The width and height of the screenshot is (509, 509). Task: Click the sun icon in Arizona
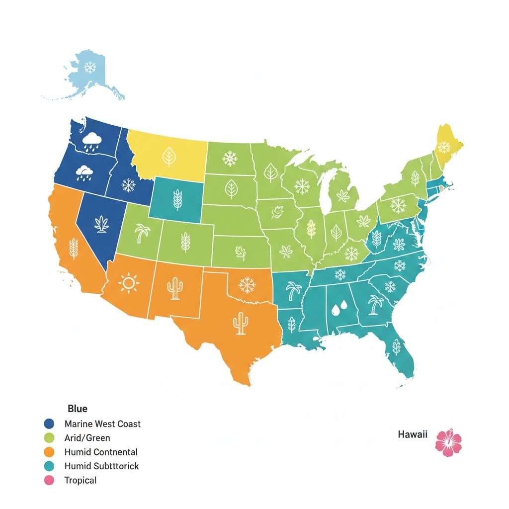coord(129,283)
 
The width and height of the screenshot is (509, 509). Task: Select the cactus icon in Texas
coord(240,323)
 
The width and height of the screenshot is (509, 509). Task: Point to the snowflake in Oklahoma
coord(247,285)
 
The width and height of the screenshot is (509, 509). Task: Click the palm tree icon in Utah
coord(143,233)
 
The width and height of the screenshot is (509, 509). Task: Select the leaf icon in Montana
coord(169,157)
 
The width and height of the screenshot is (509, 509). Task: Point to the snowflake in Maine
coord(443,147)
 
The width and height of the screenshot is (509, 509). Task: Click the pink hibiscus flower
coord(448,442)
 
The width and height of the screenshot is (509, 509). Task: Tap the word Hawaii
coord(413,434)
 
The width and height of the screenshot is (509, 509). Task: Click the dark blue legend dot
coord(49,424)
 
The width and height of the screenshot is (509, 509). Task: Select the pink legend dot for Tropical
coord(49,481)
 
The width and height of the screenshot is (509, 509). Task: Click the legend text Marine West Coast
coord(102,424)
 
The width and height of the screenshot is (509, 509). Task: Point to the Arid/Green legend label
coord(87,438)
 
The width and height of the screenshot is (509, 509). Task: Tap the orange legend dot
coord(49,452)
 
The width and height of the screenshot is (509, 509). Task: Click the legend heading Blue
coord(77,409)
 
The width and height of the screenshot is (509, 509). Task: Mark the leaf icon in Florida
coord(396,346)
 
